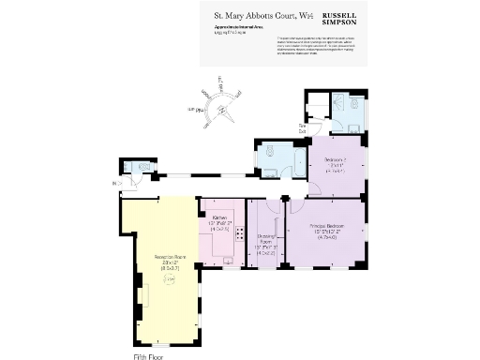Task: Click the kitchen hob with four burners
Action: pyautogui.click(x=240, y=237)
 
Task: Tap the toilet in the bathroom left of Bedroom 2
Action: pyautogui.click(x=269, y=150)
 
